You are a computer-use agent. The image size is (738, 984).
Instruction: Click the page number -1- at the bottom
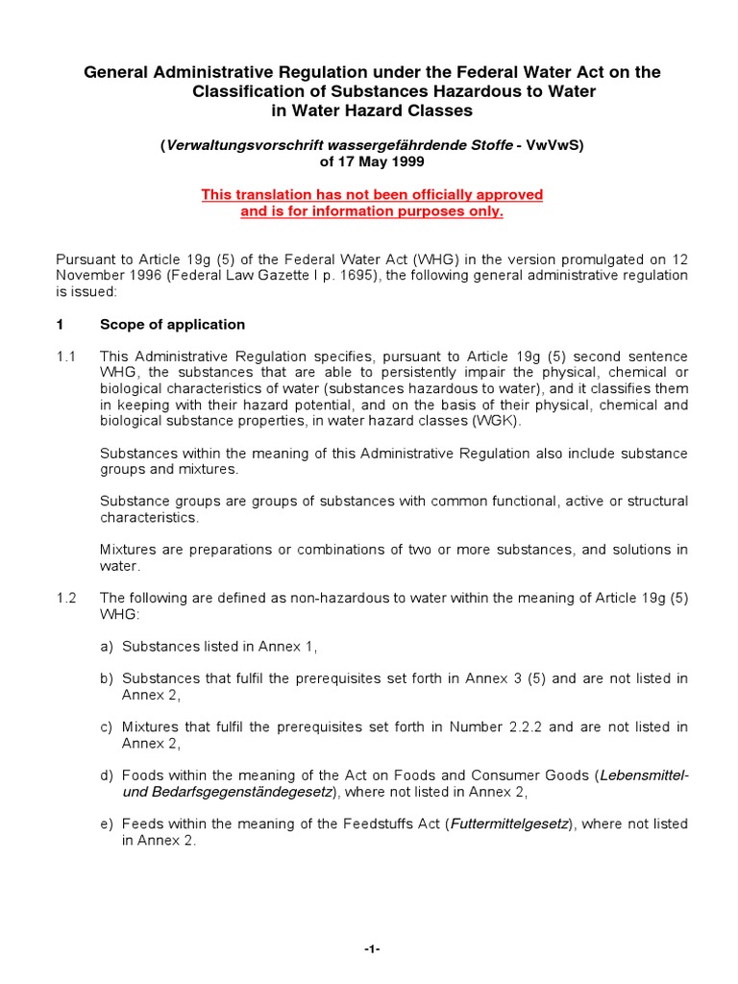(372, 949)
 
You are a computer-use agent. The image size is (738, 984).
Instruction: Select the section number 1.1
(65, 357)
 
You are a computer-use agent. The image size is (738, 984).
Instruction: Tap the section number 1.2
(65, 597)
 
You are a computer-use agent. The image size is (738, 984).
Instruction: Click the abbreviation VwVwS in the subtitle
(550, 146)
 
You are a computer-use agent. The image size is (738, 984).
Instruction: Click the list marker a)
(107, 646)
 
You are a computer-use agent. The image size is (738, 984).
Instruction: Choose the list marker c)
(107, 726)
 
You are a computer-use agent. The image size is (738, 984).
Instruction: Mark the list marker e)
(107, 824)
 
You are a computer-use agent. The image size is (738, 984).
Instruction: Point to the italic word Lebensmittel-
(644, 775)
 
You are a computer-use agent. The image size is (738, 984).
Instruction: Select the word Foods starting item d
(141, 775)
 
